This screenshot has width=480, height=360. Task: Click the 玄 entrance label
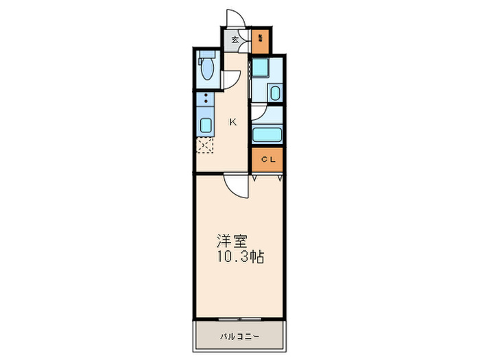pos(235,40)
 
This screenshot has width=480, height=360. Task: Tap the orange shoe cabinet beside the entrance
pos(261,40)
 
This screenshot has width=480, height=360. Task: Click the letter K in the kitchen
pos(232,122)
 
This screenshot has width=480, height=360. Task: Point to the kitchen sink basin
pos(205,125)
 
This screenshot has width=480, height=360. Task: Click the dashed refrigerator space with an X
pos(205,145)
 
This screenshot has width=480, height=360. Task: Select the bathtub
pos(267,134)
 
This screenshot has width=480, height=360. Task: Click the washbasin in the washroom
pos(274,93)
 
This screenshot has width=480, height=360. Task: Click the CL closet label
pos(267,160)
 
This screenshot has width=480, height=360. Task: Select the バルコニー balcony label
pos(239,336)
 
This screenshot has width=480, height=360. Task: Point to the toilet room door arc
pos(231,77)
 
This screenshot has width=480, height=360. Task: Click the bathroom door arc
pos(257,113)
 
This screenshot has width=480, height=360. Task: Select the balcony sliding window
pos(239,320)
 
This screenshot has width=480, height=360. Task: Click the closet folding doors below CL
pos(267,177)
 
